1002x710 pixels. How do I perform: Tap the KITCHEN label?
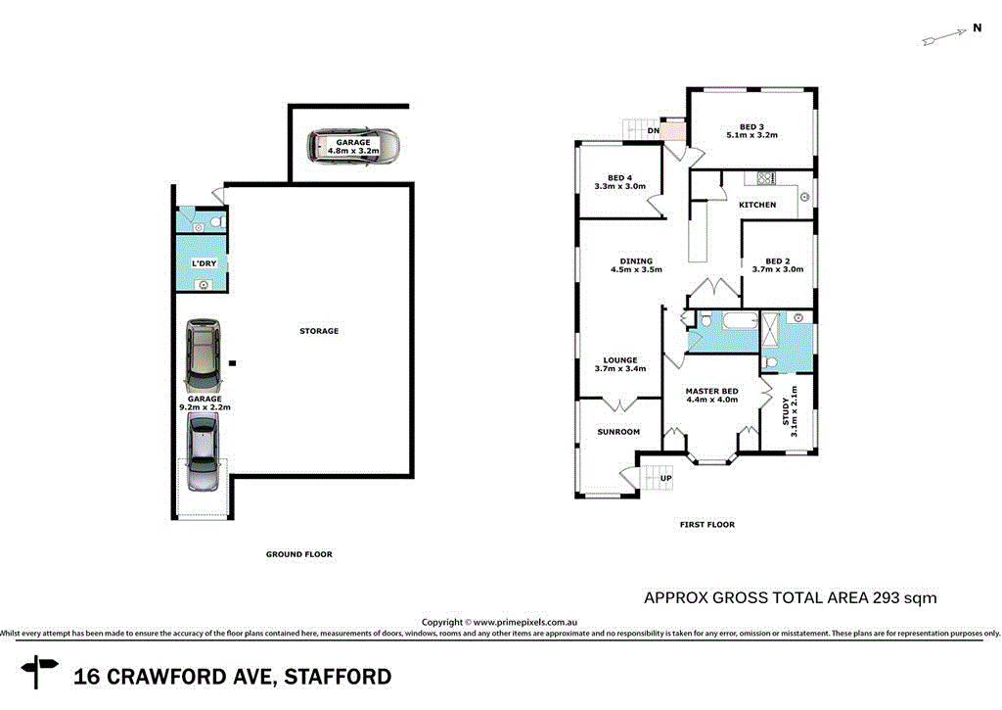[757, 205]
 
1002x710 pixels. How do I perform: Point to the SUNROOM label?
[618, 432]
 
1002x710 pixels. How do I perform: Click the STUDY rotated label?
[789, 410]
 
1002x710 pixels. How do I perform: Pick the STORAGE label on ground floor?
[319, 331]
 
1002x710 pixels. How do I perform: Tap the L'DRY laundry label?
[204, 264]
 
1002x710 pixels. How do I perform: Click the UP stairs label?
[666, 478]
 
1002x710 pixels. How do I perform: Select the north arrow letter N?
[977, 28]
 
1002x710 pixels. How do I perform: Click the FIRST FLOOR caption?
[706, 525]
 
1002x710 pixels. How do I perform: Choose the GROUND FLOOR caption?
[298, 554]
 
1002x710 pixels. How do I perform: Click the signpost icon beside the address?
[40, 672]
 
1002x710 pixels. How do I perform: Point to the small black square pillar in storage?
[233, 363]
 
